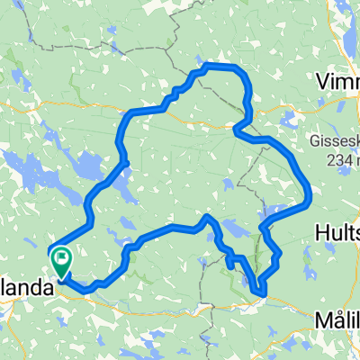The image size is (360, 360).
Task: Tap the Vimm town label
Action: (x=338, y=82)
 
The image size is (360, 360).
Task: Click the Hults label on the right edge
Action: (x=338, y=231)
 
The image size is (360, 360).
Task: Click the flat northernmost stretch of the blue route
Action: (x=220, y=67)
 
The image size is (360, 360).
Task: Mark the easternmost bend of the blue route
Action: (x=310, y=191)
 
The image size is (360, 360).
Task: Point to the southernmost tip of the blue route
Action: (x=260, y=292)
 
